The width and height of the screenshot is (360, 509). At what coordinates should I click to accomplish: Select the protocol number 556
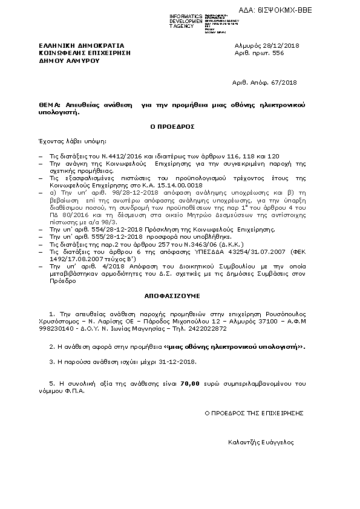277,53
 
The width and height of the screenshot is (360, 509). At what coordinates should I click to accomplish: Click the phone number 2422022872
206,329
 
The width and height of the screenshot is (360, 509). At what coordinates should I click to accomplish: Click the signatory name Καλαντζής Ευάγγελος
261,443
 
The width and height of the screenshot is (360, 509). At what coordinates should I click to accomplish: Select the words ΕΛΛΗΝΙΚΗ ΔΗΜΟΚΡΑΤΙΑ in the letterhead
82,46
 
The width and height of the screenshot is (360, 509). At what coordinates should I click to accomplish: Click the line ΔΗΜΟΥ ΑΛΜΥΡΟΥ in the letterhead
68,60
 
